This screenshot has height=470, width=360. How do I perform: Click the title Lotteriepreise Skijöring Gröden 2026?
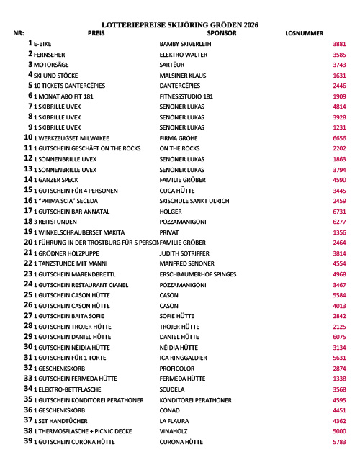click(x=180, y=24)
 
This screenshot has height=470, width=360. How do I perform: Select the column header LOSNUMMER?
click(x=304, y=33)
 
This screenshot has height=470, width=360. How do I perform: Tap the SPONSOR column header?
click(x=221, y=33)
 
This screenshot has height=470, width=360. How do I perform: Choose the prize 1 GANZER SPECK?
click(x=56, y=179)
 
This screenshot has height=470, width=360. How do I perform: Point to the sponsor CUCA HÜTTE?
click(x=178, y=190)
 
